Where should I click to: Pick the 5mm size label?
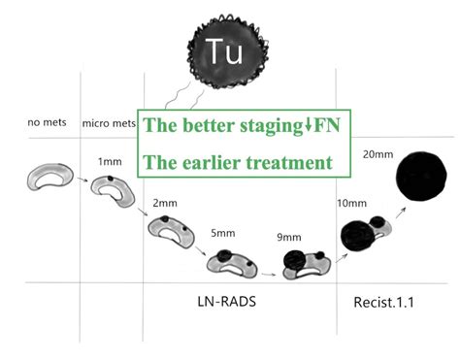coord(223,233)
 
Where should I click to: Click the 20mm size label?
coord(376,154)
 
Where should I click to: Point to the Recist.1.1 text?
coord(381,303)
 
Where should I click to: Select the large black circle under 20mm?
coord(422,185)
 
